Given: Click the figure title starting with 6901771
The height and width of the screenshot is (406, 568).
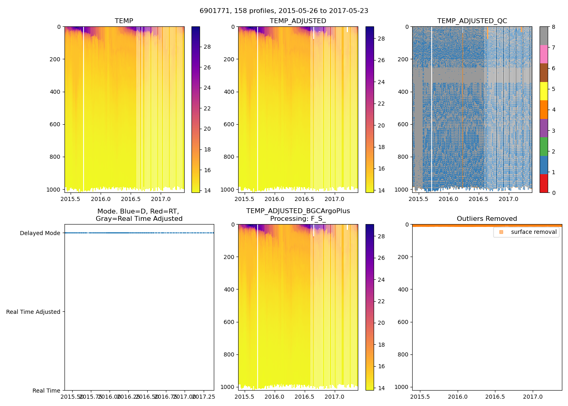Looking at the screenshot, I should [284, 11].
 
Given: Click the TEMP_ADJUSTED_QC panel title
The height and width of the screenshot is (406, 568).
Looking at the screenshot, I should [472, 21].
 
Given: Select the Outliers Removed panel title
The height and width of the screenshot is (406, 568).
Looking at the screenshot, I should [486, 219].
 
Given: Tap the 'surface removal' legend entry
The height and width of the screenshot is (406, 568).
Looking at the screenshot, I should [534, 232].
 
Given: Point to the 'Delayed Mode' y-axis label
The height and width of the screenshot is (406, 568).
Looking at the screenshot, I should [40, 233].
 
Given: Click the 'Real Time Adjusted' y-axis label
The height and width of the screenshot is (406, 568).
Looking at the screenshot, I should [33, 312].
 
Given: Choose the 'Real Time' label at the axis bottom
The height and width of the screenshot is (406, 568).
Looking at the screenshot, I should [46, 391].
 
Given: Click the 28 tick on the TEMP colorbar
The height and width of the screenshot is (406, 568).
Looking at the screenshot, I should [207, 47].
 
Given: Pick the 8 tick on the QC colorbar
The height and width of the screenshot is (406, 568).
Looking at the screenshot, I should [553, 27].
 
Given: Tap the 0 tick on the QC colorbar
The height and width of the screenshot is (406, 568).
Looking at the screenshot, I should [553, 192].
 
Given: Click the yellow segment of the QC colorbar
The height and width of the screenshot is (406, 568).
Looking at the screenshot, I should [544, 91].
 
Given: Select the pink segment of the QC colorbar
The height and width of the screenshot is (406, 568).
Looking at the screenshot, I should [544, 54].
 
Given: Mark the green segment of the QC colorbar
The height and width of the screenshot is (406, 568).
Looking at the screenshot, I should [544, 147].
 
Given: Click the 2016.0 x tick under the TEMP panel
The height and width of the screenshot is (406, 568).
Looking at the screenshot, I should [101, 199].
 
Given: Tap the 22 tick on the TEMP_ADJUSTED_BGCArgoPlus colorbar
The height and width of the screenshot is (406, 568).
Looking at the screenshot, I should [381, 301].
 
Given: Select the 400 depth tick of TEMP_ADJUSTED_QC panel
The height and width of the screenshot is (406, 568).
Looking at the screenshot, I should [403, 92].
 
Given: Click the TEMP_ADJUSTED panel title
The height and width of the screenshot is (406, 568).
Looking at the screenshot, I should [298, 21].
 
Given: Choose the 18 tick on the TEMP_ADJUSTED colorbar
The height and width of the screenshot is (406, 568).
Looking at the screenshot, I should [381, 147].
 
